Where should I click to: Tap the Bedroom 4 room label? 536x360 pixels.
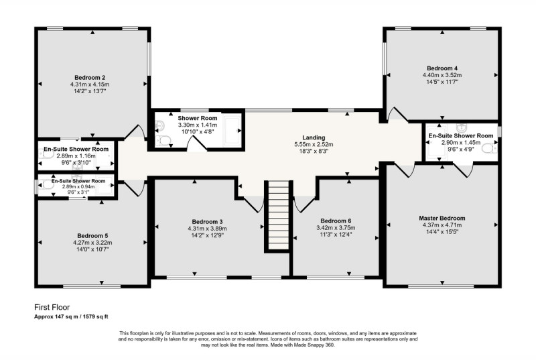[442, 68]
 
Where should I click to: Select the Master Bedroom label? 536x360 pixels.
[442, 218]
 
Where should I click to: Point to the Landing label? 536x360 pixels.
[314, 137]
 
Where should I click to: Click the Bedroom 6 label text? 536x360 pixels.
[336, 221]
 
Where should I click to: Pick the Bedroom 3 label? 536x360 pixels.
[207, 221]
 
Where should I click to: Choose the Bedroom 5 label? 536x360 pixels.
[92, 235]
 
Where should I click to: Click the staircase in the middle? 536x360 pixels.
[278, 215]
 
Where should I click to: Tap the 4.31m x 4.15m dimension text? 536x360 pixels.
[90, 84]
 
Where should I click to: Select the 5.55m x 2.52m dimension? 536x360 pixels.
[314, 144]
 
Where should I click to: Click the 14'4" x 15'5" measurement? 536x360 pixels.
[442, 232]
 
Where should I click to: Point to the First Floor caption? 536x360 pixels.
[52, 307]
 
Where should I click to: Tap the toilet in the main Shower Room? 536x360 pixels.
[163, 140]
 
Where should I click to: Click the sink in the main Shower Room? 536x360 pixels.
[159, 127]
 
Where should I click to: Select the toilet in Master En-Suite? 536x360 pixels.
[489, 148]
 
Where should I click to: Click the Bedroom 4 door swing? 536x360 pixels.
[397, 115]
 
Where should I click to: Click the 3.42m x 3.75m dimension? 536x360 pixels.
[336, 228]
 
